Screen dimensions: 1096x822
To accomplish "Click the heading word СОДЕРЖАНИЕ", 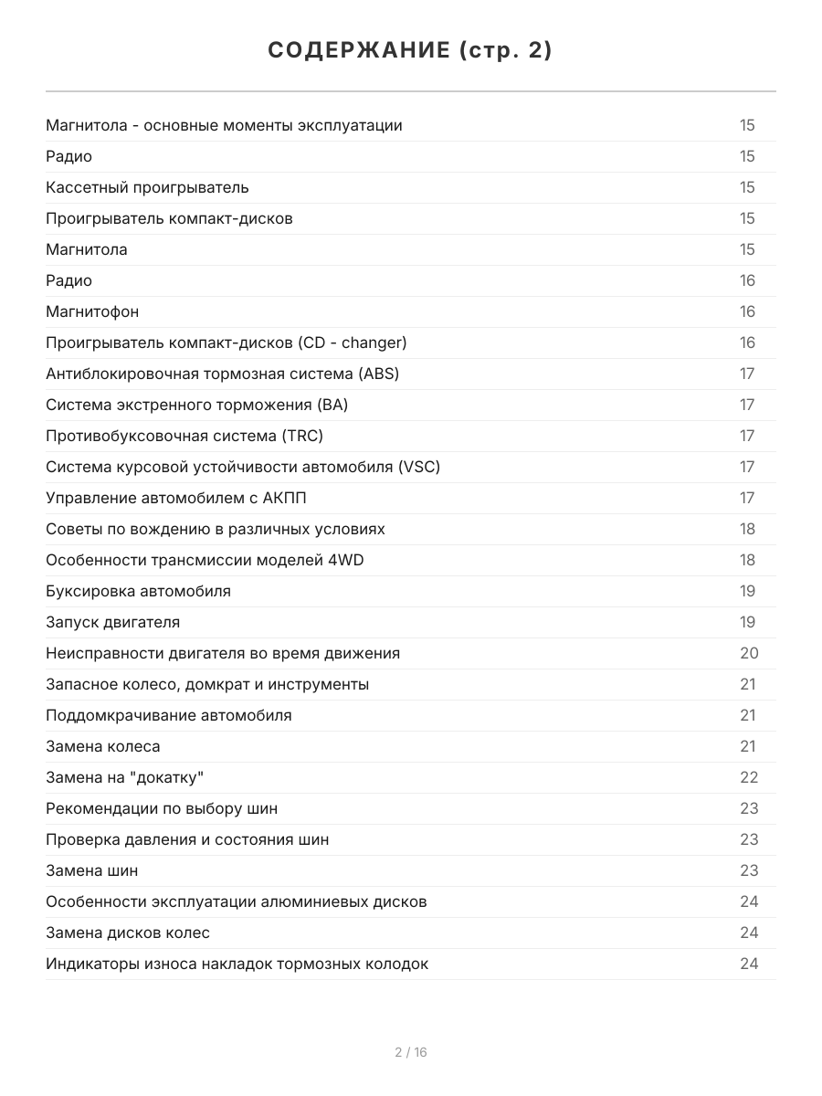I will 358,51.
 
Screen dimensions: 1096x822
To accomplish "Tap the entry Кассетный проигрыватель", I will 147,187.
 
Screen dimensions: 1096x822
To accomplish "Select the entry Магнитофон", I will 92,311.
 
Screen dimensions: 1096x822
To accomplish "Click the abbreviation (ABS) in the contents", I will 379,374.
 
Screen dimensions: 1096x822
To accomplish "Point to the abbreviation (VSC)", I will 418,467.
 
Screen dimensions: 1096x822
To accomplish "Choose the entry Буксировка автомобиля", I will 138,591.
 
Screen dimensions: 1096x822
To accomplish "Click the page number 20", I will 749,653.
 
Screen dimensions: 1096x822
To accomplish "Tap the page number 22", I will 749,777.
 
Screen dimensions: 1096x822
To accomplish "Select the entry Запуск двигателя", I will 112,622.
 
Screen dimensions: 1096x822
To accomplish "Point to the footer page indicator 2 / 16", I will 411,1052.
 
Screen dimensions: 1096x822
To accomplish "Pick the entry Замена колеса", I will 103,746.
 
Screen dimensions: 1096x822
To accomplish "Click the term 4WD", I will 345,560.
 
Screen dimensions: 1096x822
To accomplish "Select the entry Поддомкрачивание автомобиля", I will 169,715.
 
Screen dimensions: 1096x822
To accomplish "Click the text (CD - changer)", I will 352,342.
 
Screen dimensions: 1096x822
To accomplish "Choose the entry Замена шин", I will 92,870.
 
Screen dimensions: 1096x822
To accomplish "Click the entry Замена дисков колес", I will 128,933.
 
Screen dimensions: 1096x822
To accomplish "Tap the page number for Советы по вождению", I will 748,529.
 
